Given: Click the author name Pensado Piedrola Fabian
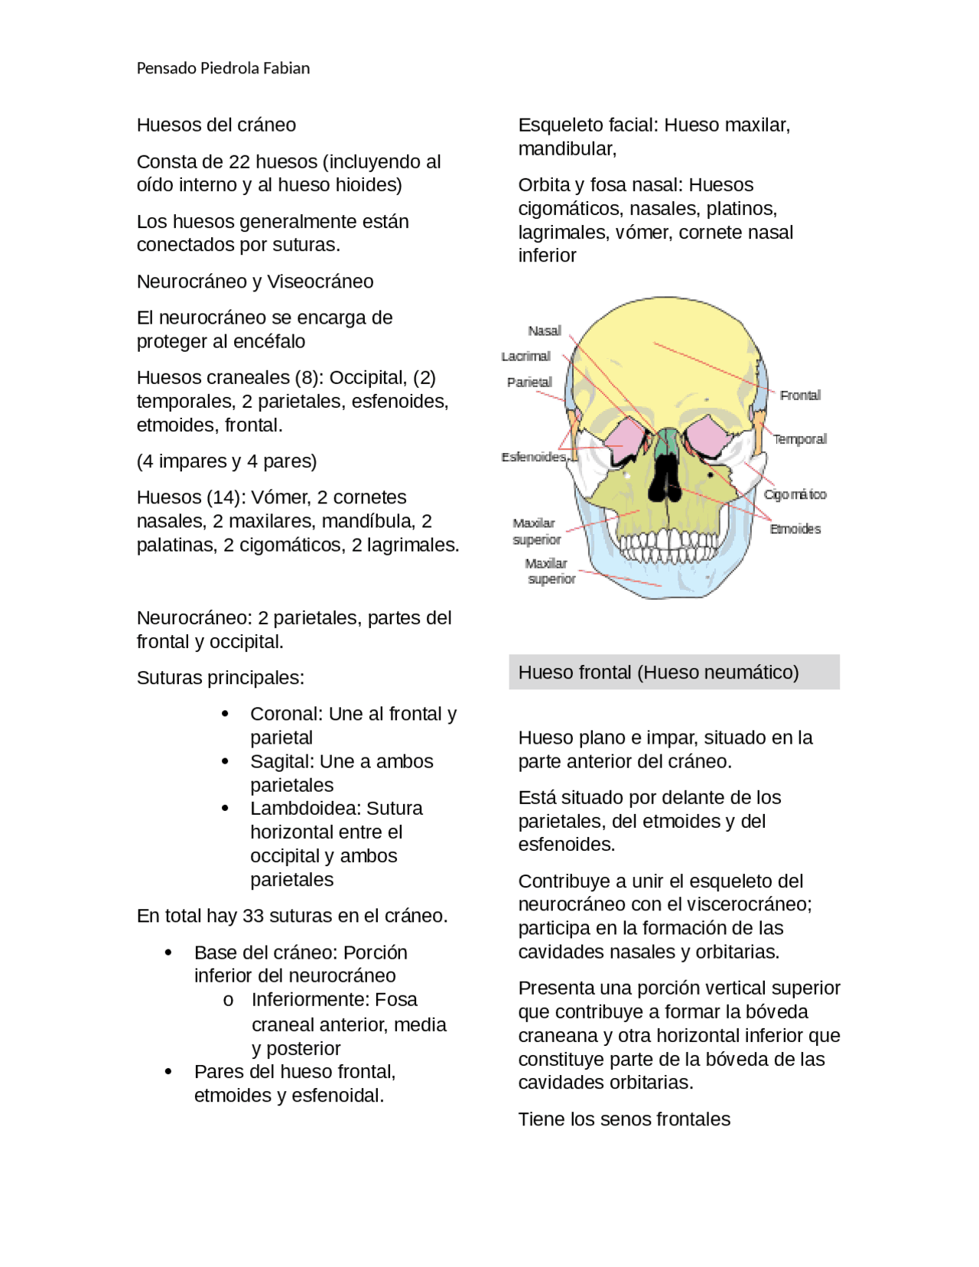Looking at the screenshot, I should pos(223,68).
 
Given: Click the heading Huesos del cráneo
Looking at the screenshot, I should pos(216,125).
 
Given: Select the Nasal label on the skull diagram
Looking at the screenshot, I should pos(544,331).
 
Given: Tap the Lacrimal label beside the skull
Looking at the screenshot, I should pos(525,356).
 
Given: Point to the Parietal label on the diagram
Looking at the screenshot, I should pos(529,382).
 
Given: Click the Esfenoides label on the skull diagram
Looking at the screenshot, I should pos(533,457).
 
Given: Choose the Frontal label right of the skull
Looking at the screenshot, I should pos(800,395).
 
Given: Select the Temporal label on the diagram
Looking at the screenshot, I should pos(799,438).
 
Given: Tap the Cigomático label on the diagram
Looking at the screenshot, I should pos(795,494).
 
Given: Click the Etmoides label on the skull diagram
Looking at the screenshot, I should pos(795,529).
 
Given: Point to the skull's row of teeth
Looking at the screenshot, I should pos(668,545).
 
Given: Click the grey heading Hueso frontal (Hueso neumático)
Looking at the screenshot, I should pos(658,672).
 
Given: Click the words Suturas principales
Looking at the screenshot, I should pos(220,678).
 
